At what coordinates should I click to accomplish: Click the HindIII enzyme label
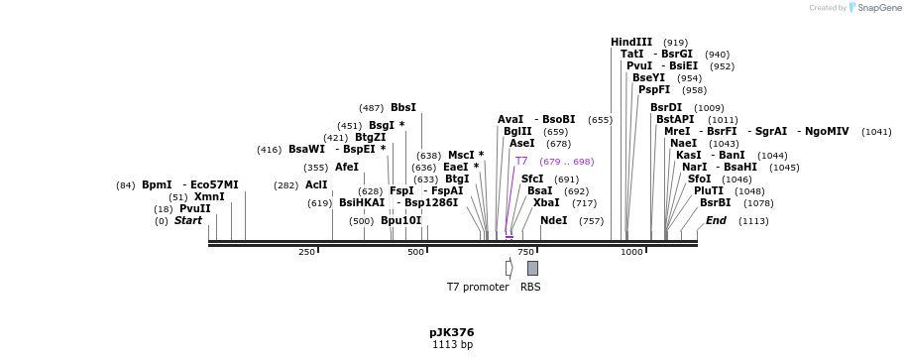tap(631, 42)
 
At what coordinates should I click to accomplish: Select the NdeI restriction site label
tap(554, 220)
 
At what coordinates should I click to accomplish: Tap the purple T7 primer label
tap(521, 161)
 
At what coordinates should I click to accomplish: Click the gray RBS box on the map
tap(532, 268)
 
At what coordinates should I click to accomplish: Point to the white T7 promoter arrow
tap(509, 268)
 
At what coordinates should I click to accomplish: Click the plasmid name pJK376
tap(452, 332)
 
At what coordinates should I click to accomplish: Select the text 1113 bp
tap(452, 345)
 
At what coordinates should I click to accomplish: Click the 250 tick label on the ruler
tap(306, 252)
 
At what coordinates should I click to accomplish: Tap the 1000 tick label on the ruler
tap(631, 252)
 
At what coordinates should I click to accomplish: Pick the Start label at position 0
tap(187, 220)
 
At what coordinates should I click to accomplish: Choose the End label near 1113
tap(716, 220)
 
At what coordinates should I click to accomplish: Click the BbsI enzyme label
tap(403, 107)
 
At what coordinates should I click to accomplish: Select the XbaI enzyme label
tap(546, 202)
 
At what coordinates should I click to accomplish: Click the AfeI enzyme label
tap(347, 167)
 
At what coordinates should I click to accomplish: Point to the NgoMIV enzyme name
tap(827, 131)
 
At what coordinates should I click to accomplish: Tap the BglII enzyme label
tap(517, 131)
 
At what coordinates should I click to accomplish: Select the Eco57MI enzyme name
tap(214, 184)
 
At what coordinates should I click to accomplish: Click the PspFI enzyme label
tap(654, 89)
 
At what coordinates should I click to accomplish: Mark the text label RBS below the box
tap(530, 287)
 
